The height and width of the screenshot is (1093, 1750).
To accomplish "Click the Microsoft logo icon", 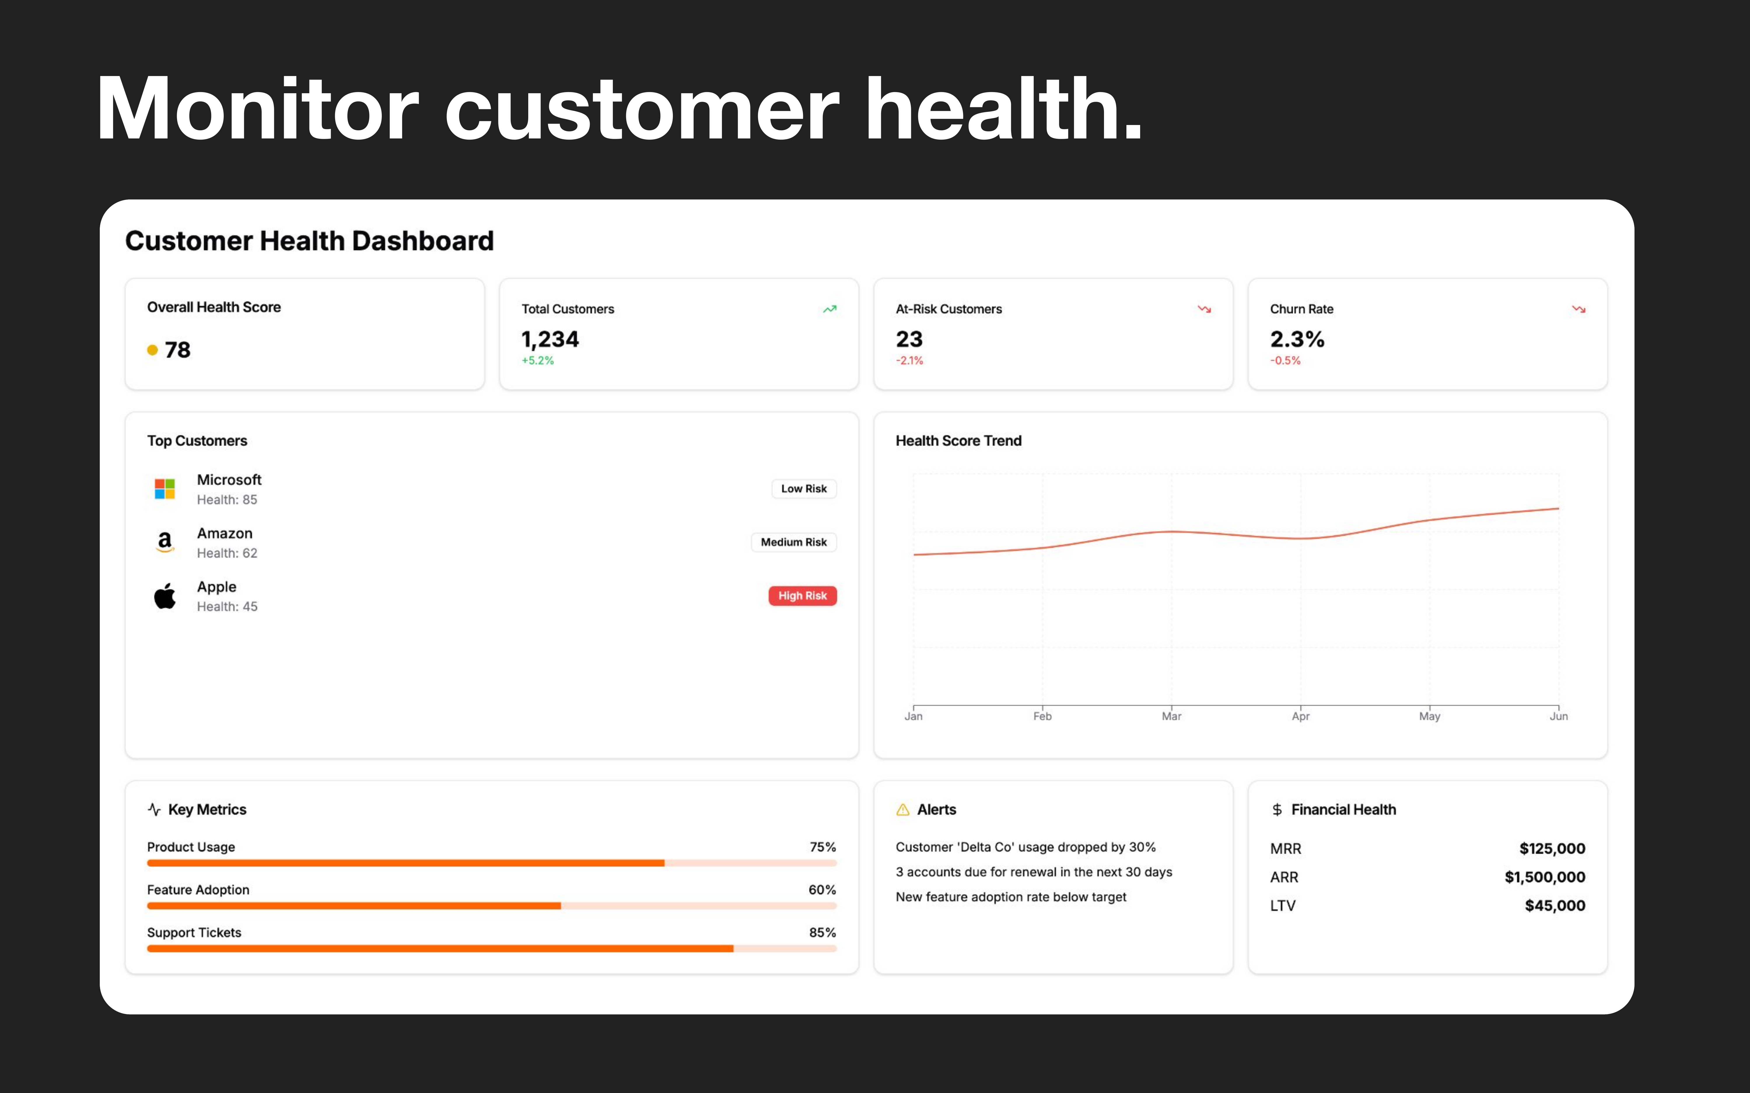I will [165, 489].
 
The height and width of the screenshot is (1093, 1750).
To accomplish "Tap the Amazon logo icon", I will [165, 542].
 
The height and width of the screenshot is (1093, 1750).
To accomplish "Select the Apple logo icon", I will [165, 596].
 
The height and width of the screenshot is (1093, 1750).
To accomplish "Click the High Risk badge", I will [802, 596].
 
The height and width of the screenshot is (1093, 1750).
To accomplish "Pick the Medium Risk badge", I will [793, 542].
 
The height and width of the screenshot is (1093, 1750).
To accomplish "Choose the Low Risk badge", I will [804, 489].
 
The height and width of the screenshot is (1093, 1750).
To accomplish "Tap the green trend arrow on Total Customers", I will [829, 310].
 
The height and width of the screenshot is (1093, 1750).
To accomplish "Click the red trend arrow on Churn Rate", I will [1578, 310].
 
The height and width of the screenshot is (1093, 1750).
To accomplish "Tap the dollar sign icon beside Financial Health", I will [1277, 810].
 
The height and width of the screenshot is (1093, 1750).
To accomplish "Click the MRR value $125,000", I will [1552, 849].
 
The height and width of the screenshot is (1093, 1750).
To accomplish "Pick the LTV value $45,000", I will [1555, 906].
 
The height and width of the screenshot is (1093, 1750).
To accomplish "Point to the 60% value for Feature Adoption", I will [822, 890].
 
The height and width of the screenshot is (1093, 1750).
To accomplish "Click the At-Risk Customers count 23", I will [909, 339].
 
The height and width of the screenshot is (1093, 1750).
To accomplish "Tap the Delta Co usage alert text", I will [1025, 847].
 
